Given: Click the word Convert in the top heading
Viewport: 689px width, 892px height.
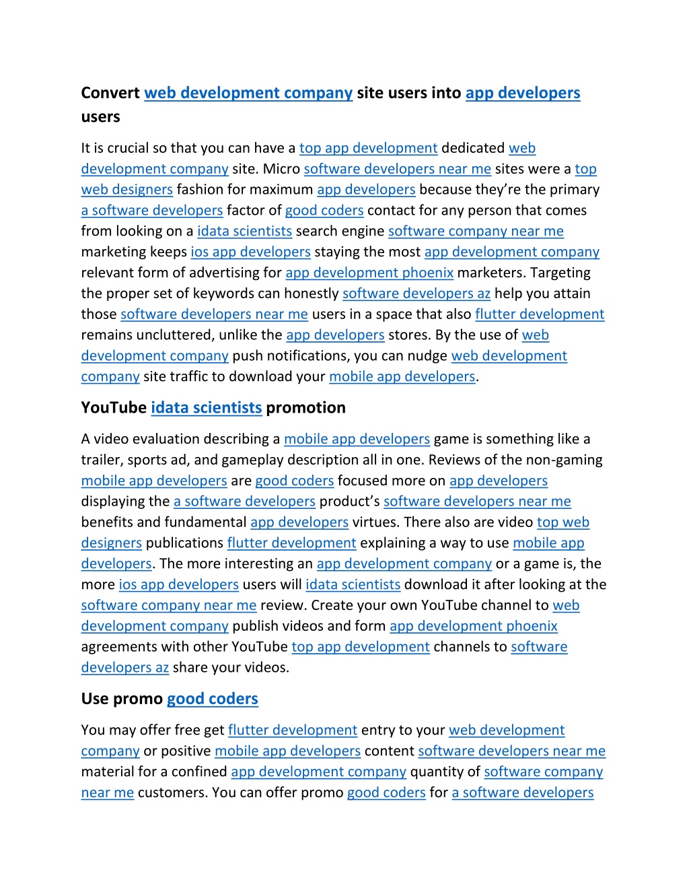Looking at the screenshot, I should point(110,93).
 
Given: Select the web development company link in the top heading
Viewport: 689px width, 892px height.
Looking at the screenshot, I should point(248,93).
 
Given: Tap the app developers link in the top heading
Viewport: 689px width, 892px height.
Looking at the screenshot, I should point(523,93).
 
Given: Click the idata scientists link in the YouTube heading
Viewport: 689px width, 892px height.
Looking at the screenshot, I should point(206,408).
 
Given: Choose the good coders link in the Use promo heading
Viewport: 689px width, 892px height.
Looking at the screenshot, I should point(213,699).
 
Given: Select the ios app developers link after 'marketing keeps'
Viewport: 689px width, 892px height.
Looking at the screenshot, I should point(250,252).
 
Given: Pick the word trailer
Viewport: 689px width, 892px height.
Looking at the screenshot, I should point(102,460).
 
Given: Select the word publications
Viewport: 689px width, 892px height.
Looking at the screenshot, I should point(184,543).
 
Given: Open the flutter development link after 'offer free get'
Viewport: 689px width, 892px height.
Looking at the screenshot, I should point(293,730).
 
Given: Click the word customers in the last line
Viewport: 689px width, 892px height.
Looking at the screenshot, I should point(171,793).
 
